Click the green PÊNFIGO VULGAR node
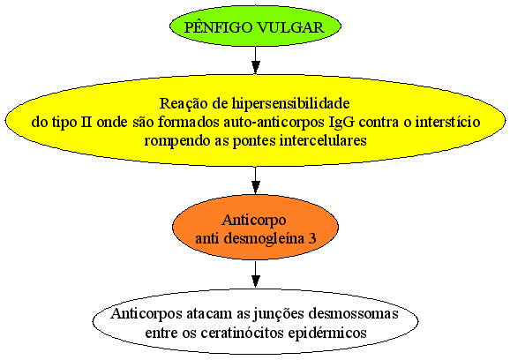255,26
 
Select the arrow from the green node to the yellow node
256,61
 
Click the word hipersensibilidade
291,104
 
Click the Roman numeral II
86,123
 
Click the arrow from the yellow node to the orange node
256,181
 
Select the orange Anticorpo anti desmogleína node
255,229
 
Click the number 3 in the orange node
312,239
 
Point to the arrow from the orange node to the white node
256,274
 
